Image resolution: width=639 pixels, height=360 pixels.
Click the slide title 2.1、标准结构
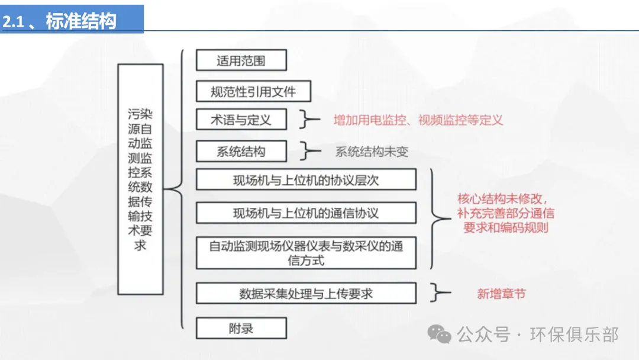pyautogui.click(x=59, y=22)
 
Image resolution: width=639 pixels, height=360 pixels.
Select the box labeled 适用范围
pyautogui.click(x=241, y=60)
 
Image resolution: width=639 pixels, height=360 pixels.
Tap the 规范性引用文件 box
pyautogui.click(x=253, y=91)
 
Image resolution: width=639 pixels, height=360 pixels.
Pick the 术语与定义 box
pyautogui.click(x=241, y=120)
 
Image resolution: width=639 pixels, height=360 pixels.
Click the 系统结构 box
pyautogui.click(x=241, y=152)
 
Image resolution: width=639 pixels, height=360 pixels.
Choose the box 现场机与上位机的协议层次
pyautogui.click(x=306, y=180)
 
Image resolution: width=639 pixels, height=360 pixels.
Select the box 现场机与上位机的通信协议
pyautogui.click(x=306, y=213)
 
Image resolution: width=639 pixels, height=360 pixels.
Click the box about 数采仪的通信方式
pyautogui.click(x=306, y=253)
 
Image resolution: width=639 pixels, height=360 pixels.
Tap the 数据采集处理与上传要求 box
pyautogui.click(x=306, y=293)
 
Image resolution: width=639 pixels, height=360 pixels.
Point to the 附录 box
pyautogui.click(x=241, y=328)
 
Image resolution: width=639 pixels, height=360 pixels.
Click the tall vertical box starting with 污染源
pyautogui.click(x=140, y=179)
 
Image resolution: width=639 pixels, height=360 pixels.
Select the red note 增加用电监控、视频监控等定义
pyautogui.click(x=418, y=120)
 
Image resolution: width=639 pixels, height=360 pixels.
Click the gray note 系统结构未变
pyautogui.click(x=372, y=152)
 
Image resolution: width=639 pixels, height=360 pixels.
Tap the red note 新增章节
pyautogui.click(x=501, y=293)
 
